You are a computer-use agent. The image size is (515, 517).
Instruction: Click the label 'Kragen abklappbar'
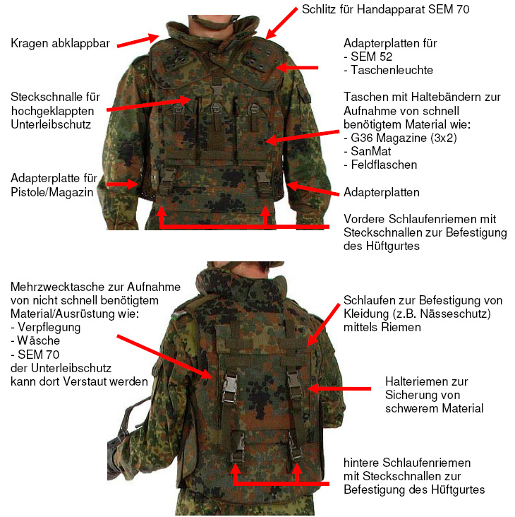click(x=60, y=44)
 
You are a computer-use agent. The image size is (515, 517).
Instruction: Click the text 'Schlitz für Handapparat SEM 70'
click(x=386, y=9)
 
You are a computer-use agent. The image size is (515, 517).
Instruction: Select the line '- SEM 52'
click(x=368, y=57)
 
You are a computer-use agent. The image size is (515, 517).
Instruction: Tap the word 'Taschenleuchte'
click(x=392, y=70)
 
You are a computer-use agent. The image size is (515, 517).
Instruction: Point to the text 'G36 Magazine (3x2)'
click(x=404, y=138)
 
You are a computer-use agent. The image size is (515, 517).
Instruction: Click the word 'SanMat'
click(x=371, y=151)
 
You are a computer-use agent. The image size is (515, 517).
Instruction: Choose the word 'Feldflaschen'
click(x=384, y=165)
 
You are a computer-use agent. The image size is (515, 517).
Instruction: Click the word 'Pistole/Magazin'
click(x=52, y=192)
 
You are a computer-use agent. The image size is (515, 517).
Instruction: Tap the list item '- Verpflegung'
click(x=45, y=328)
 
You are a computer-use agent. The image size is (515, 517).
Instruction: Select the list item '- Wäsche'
click(x=35, y=340)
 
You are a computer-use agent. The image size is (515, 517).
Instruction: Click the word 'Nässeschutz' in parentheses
click(x=453, y=314)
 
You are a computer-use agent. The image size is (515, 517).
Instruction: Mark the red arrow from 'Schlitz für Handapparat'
click(x=281, y=23)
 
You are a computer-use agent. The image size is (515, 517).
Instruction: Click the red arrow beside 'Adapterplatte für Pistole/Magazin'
click(x=122, y=184)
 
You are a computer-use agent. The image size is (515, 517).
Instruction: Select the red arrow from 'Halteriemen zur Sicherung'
click(x=340, y=388)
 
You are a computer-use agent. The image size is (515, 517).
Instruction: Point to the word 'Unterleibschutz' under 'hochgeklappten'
click(x=51, y=124)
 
